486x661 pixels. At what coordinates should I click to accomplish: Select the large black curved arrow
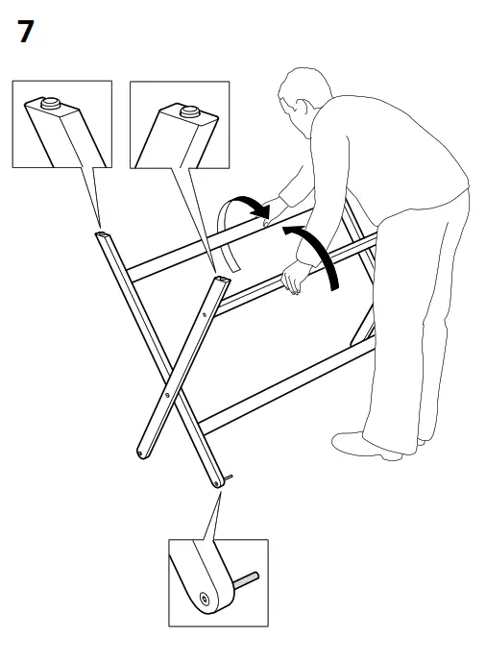pos(318,252)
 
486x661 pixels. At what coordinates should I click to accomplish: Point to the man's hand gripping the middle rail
pos(294,279)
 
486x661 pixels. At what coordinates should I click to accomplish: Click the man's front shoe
pos(366,445)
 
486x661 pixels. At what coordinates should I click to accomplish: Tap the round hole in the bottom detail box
pos(204,601)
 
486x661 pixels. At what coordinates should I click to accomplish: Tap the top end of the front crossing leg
pos(222,280)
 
